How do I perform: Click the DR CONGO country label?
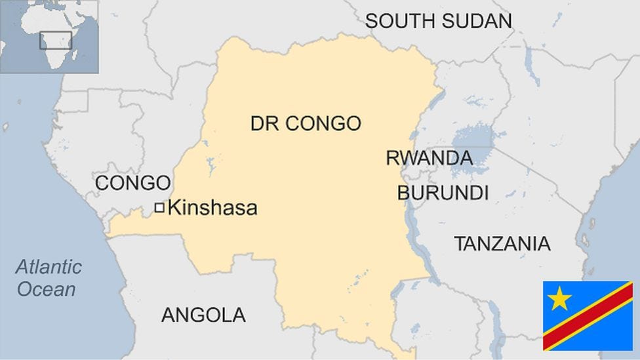(306, 123)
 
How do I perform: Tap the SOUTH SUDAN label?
(438, 20)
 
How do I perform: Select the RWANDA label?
(429, 158)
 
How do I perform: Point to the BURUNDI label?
(443, 193)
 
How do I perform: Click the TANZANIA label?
(502, 244)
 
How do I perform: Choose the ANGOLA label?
(203, 315)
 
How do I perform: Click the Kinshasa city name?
(212, 209)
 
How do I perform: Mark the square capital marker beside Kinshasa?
(159, 208)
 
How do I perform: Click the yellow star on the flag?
(559, 298)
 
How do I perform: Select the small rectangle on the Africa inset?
(55, 40)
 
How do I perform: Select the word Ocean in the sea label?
(46, 289)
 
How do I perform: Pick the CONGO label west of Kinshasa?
(133, 183)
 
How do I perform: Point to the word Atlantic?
(49, 267)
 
